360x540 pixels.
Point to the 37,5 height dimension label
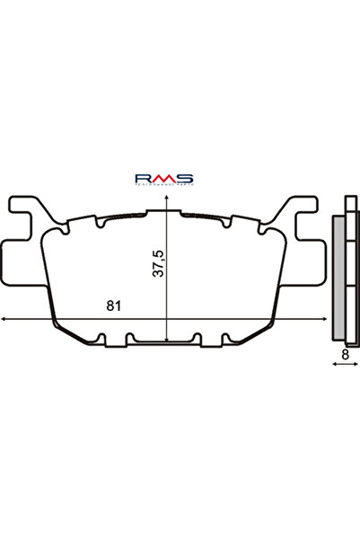(x=158, y=265)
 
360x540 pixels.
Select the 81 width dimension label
(x=113, y=305)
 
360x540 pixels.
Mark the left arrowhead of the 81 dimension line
(x=4, y=319)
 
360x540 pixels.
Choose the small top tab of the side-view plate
(x=347, y=206)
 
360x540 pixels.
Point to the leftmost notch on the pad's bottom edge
(x=101, y=340)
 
